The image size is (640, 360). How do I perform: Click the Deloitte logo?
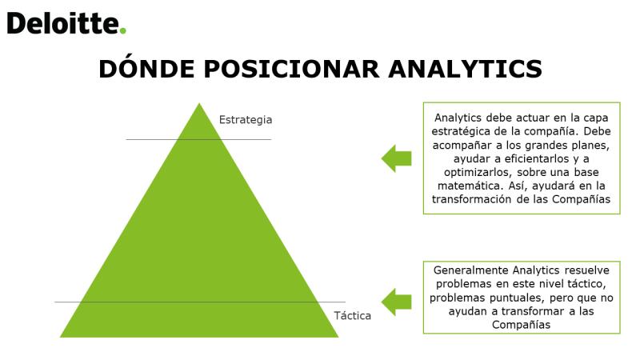[66, 24]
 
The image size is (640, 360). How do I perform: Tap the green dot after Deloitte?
[123, 30]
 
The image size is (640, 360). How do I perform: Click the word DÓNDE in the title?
[146, 68]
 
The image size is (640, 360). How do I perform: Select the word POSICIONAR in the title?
[292, 69]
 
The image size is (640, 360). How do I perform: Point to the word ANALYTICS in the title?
[466, 69]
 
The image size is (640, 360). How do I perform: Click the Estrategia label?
[246, 120]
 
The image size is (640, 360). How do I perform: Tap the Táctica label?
[353, 315]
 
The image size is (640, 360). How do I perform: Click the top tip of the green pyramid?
[199, 103]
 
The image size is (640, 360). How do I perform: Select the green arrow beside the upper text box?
[396, 158]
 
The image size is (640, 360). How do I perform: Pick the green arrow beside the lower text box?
[396, 302]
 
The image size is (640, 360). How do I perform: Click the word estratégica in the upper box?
[455, 132]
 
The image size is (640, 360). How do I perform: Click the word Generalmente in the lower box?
[471, 270]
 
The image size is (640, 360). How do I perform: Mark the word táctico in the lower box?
[589, 284]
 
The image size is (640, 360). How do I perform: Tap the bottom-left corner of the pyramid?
[60, 337]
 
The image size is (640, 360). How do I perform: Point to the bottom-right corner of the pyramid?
[338, 337]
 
